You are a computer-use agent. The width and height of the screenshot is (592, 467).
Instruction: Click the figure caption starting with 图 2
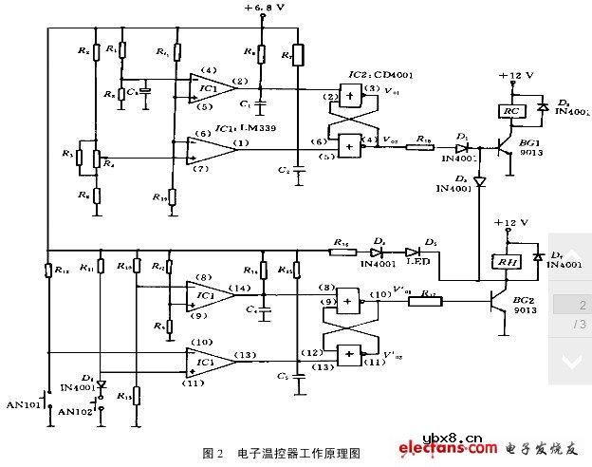282,453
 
